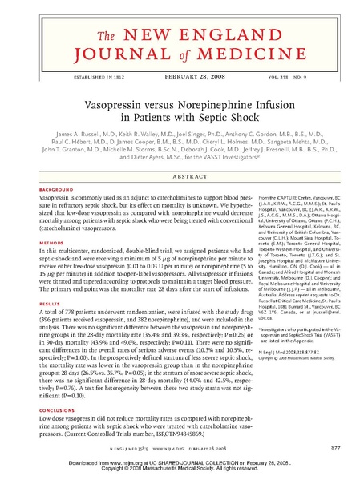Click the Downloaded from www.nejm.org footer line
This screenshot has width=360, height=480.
180,464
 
